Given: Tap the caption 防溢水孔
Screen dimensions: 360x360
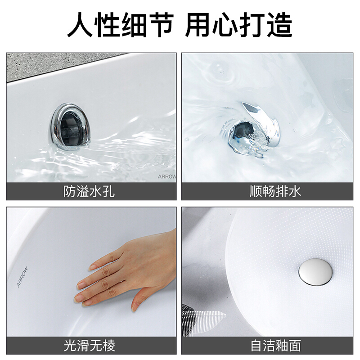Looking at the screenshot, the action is pyautogui.click(x=89, y=191).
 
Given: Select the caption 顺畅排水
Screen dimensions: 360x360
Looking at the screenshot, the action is pyautogui.click(x=275, y=191).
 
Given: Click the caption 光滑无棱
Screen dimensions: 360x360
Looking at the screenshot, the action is pyautogui.click(x=89, y=346).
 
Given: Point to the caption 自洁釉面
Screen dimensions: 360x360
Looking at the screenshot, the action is pyautogui.click(x=275, y=346).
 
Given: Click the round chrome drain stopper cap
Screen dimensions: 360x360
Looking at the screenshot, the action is pyautogui.click(x=315, y=272).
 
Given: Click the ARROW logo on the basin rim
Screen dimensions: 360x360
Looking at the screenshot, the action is pyautogui.click(x=22, y=277).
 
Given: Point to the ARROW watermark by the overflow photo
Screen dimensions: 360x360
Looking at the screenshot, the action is pyautogui.click(x=167, y=176).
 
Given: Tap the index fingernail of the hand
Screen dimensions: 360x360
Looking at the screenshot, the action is pyautogui.click(x=93, y=267).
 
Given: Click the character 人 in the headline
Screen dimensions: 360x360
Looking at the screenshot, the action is pyautogui.click(x=80, y=25).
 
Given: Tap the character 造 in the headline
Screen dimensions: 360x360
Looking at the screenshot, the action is pyautogui.click(x=279, y=25).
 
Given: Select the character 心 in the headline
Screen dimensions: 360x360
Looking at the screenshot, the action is pyautogui.click(x=225, y=25).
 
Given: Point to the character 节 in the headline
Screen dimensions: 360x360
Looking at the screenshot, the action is pyautogui.click(x=161, y=25).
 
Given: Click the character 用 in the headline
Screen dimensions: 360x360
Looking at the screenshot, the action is pyautogui.click(x=198, y=25).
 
